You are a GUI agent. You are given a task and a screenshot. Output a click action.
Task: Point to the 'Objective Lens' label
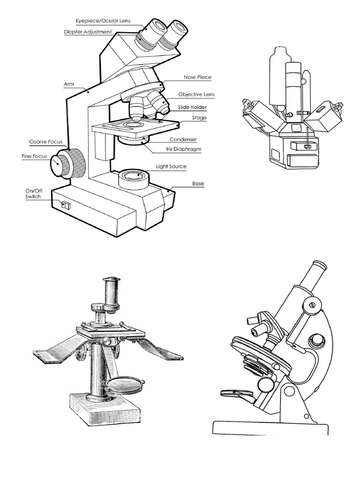(x=196, y=94)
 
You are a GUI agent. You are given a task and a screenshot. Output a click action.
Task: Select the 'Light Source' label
(x=171, y=166)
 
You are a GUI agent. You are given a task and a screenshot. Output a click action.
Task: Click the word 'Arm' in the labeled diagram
(x=68, y=84)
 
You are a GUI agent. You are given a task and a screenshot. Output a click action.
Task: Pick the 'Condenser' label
(x=183, y=139)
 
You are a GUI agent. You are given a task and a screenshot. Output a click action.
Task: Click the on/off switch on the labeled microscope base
(x=65, y=205)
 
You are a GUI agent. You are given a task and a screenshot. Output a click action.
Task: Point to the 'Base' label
(x=198, y=184)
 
